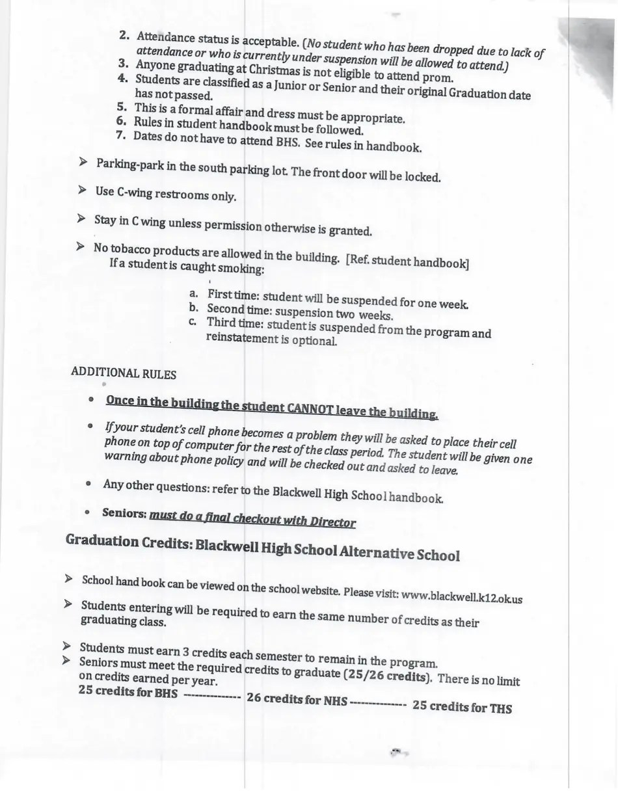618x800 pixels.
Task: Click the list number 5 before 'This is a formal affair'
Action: (122, 107)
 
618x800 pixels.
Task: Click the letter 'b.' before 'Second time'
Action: (193, 308)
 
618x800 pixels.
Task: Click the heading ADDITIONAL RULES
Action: (123, 373)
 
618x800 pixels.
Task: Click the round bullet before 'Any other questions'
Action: (88, 485)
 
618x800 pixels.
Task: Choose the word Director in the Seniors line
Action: (331, 522)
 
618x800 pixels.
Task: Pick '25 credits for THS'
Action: (462, 706)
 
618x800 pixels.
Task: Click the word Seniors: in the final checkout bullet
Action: (124, 512)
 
